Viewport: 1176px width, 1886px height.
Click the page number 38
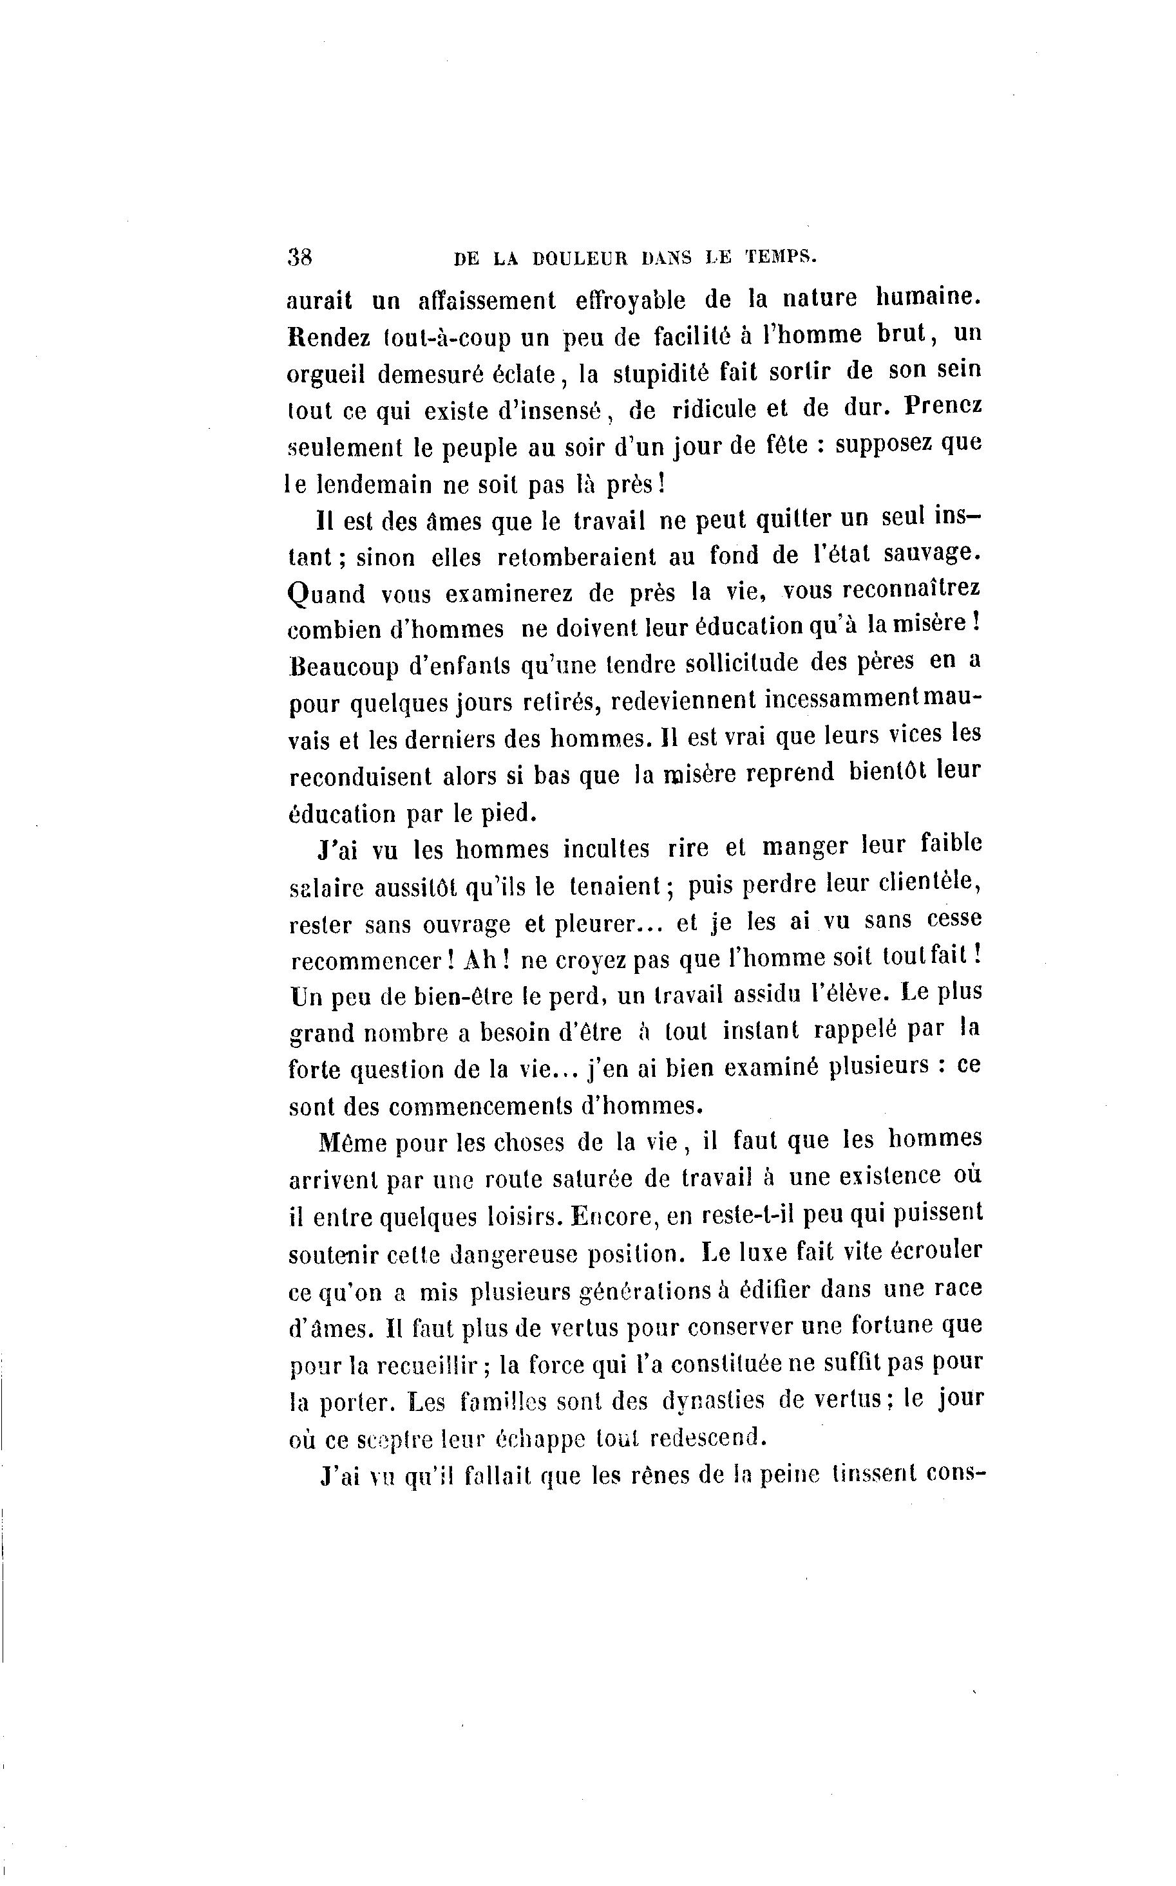[299, 257]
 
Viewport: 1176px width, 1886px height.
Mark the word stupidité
[662, 373]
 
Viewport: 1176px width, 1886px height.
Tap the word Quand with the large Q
[327, 593]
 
